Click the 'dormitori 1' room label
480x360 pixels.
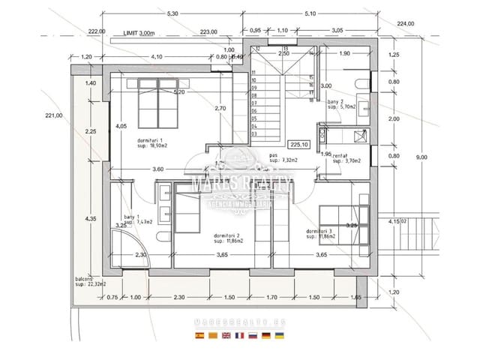click(152, 143)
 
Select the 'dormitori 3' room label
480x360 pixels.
click(320, 233)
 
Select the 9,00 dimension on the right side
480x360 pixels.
click(422, 156)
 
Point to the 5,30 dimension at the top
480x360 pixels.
click(173, 14)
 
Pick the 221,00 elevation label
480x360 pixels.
click(54, 115)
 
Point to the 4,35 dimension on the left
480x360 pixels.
click(91, 218)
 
